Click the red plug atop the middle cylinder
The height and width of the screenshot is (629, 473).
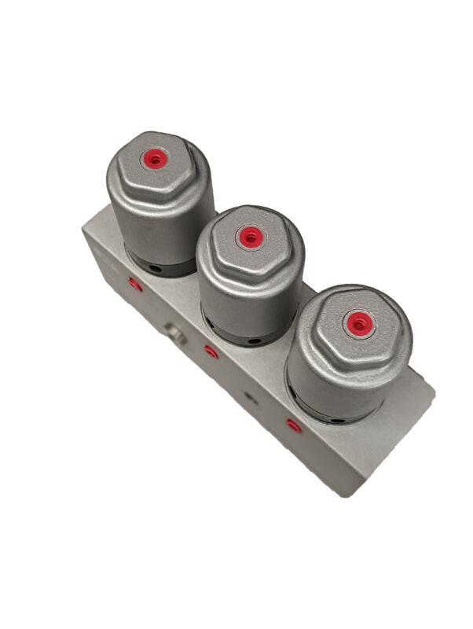coord(250,236)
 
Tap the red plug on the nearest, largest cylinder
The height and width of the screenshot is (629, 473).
coord(358,322)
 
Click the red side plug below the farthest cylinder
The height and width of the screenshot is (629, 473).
coord(135,284)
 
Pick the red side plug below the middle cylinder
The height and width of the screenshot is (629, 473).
coord(211,351)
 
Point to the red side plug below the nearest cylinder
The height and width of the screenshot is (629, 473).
coord(293,426)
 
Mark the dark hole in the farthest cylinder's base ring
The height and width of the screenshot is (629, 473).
coord(156,269)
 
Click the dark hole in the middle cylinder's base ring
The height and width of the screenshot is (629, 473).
coord(253,342)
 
